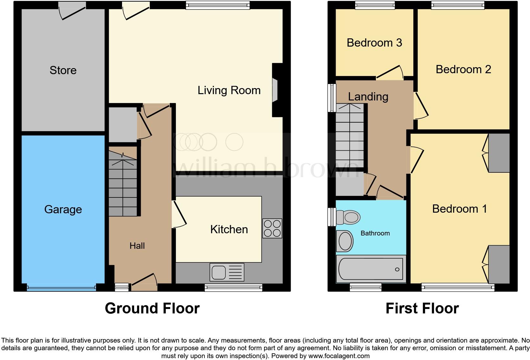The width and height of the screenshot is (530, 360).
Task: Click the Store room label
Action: coord(63,70)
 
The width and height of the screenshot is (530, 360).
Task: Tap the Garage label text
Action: coord(63,209)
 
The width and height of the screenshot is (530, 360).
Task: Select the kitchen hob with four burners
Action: coord(272,228)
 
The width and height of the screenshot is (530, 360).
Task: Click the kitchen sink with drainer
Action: coord(227,272)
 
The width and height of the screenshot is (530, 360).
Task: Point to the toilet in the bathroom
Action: coord(348,217)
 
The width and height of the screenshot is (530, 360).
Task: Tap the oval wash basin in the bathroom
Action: coord(345,241)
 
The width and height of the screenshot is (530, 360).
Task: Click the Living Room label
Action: coord(229,90)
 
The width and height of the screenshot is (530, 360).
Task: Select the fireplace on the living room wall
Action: coord(275,91)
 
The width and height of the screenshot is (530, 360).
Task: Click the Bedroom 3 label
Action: coord(374,43)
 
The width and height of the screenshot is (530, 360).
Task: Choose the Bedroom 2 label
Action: coord(463,69)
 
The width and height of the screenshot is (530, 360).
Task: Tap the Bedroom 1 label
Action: coord(459,209)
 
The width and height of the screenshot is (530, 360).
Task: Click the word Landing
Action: coord(368,97)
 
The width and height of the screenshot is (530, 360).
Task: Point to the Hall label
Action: coord(137,246)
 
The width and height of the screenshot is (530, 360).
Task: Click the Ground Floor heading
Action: coord(152,308)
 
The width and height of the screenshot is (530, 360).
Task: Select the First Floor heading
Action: coord(422,308)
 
